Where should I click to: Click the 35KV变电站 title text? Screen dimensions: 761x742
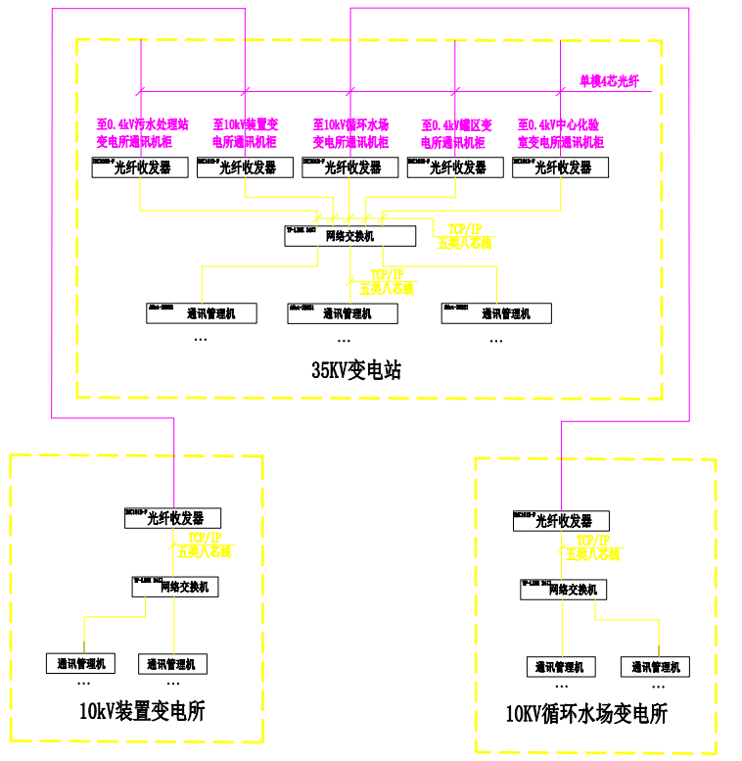[356, 370]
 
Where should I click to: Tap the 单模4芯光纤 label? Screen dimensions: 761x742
[609, 81]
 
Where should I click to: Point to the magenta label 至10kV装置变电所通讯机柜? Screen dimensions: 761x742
[245, 134]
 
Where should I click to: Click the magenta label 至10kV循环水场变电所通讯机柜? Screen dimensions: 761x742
[350, 134]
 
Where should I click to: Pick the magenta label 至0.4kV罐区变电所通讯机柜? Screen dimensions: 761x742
[456, 134]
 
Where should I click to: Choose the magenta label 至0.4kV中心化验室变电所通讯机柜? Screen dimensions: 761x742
[560, 134]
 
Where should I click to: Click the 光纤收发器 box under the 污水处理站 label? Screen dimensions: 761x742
[140, 167]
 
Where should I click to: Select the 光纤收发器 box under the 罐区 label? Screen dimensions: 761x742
[455, 167]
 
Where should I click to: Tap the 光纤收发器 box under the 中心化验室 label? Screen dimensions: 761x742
[560, 167]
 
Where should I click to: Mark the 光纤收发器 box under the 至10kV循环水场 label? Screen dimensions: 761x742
[349, 167]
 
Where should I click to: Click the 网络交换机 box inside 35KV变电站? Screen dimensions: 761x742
[349, 236]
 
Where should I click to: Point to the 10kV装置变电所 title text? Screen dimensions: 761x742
[142, 712]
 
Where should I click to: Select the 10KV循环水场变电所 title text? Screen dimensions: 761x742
[586, 714]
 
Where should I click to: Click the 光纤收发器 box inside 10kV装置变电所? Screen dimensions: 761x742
[172, 518]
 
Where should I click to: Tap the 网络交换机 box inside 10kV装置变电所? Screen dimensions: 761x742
[175, 587]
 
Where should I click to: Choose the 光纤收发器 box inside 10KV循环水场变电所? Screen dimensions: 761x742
[561, 521]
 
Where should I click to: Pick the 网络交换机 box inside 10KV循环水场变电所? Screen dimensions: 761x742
[564, 590]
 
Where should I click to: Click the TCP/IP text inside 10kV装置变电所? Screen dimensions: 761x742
[206, 538]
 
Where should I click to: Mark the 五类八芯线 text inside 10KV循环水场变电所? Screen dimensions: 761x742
[593, 554]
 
